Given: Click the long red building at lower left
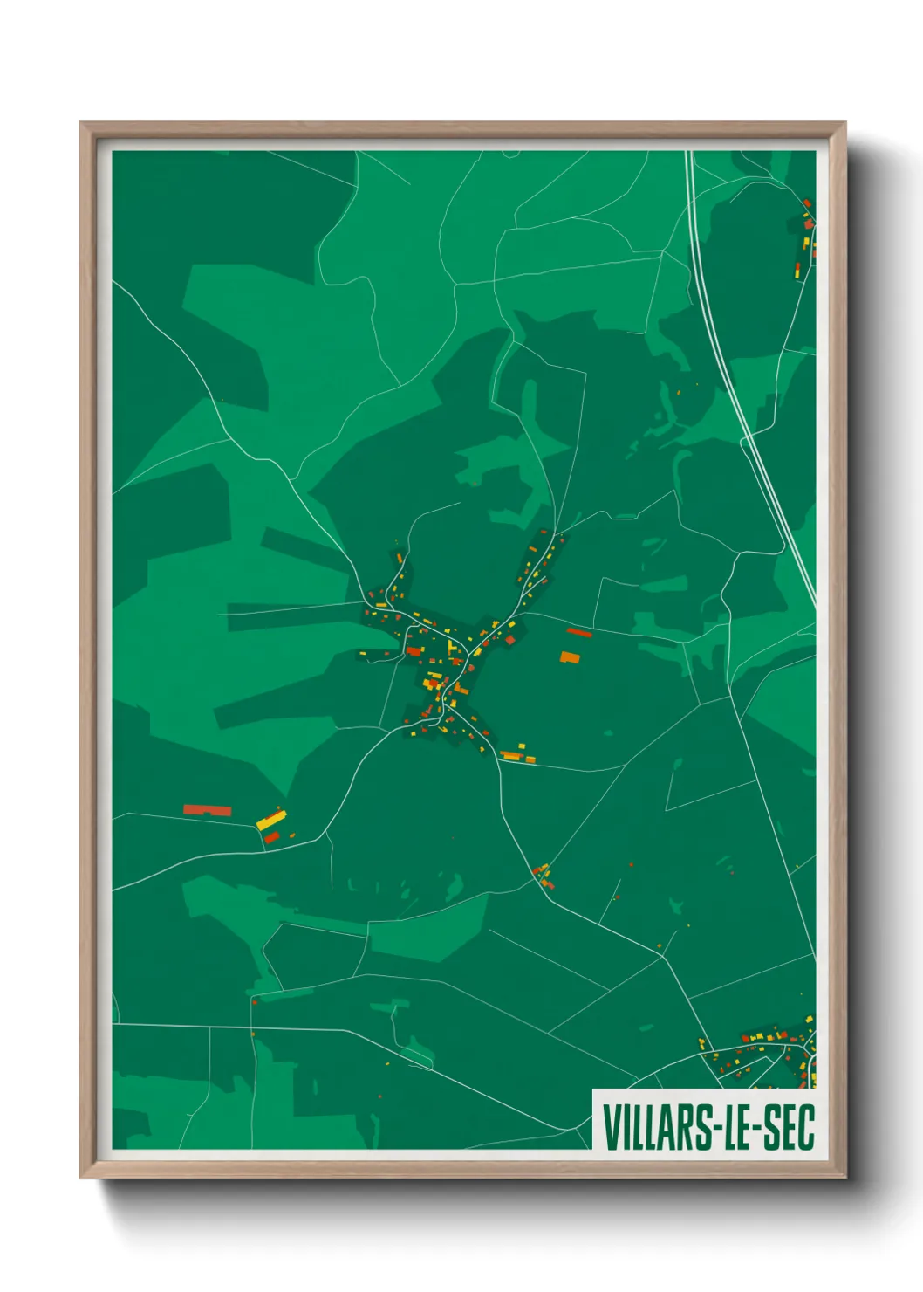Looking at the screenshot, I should (208, 810).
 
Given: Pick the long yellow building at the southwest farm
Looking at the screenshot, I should (271, 820).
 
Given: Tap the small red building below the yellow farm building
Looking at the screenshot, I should (272, 838).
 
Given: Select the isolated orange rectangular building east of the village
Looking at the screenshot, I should (570, 657).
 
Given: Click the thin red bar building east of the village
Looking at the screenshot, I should (579, 632).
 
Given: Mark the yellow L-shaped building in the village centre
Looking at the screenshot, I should (451, 648).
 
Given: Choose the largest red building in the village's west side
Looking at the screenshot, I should (414, 650).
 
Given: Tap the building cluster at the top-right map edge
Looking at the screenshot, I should (806, 236).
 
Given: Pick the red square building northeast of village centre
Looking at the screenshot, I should (510, 640).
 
